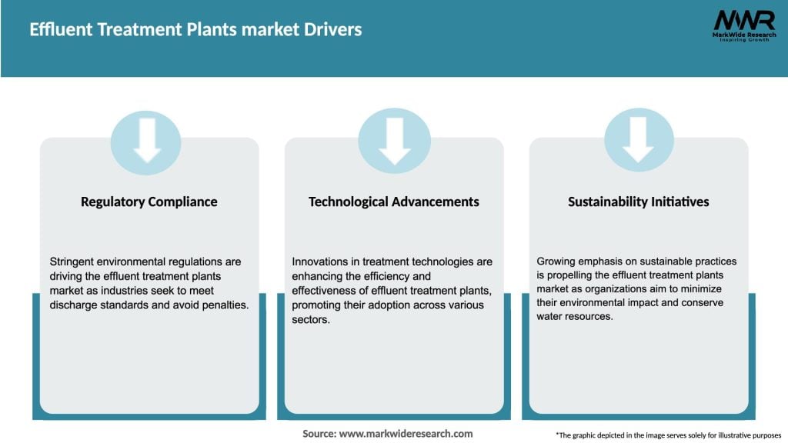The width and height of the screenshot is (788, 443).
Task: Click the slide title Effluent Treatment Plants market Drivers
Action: coord(195,30)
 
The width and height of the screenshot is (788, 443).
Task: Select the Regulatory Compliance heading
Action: coord(149,202)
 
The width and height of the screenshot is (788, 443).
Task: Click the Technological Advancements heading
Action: coord(394,202)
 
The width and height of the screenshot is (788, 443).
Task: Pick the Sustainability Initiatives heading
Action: coord(639,202)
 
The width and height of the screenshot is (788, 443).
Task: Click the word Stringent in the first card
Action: coord(72,261)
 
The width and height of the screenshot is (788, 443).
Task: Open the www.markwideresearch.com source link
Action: coord(406,434)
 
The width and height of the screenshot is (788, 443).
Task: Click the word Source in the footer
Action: coord(319,434)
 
